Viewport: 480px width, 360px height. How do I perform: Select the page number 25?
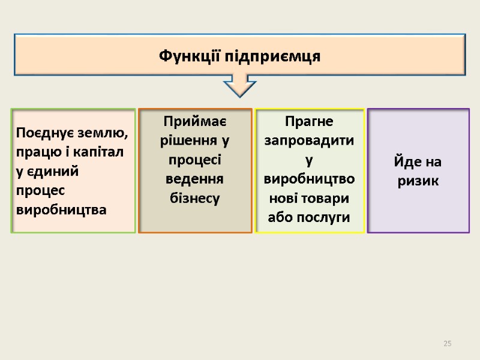(447, 343)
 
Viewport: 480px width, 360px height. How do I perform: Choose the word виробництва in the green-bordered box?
(62, 211)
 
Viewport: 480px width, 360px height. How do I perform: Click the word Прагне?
(310, 121)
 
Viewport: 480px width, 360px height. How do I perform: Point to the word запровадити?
(310, 141)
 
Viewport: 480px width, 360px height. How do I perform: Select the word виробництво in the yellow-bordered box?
(310, 179)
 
